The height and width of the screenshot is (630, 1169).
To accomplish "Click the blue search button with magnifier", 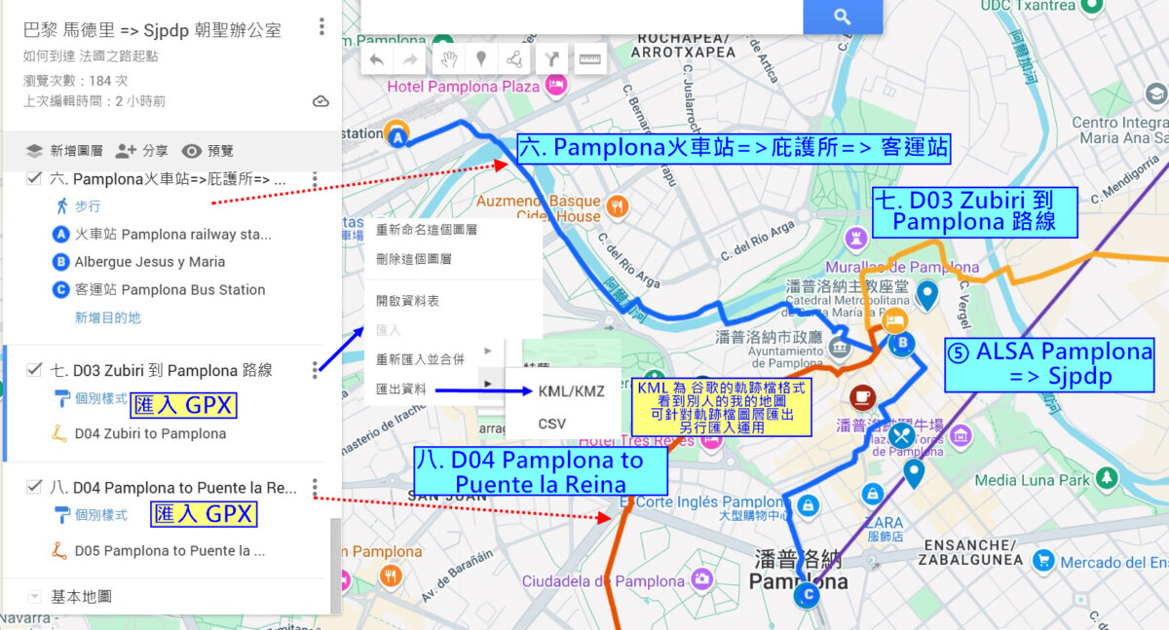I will click(x=843, y=17).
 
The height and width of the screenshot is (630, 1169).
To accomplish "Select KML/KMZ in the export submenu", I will click(x=571, y=390).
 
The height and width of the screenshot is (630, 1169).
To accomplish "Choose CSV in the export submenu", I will click(x=551, y=424).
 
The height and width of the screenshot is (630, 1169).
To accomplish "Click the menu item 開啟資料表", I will click(x=407, y=301).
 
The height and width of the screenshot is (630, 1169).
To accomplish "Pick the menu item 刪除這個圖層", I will click(x=414, y=259).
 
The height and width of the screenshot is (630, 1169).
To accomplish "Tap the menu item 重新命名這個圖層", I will click(x=427, y=230).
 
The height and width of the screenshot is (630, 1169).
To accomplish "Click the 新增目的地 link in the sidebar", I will click(x=107, y=317).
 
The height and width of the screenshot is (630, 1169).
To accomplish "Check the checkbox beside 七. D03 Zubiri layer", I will click(x=35, y=370).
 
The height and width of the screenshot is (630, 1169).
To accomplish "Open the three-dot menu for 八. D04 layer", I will click(x=315, y=487).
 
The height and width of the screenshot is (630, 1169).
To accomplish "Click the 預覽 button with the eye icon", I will click(x=208, y=151).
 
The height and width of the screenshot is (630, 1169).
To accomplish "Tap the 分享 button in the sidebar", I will click(x=142, y=151).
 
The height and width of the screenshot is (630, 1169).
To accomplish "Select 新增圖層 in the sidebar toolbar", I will click(x=64, y=151).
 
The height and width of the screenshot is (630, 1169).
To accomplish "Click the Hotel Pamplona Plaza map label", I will click(x=463, y=87).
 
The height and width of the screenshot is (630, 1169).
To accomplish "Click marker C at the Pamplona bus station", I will click(x=807, y=596).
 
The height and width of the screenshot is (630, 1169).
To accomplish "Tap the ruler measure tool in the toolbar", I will click(x=590, y=59).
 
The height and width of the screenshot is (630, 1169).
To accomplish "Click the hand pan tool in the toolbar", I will click(x=448, y=59).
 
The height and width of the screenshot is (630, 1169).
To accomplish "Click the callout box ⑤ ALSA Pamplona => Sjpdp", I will click(x=1048, y=364).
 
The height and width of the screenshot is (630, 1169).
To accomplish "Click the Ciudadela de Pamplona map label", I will click(x=603, y=581).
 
